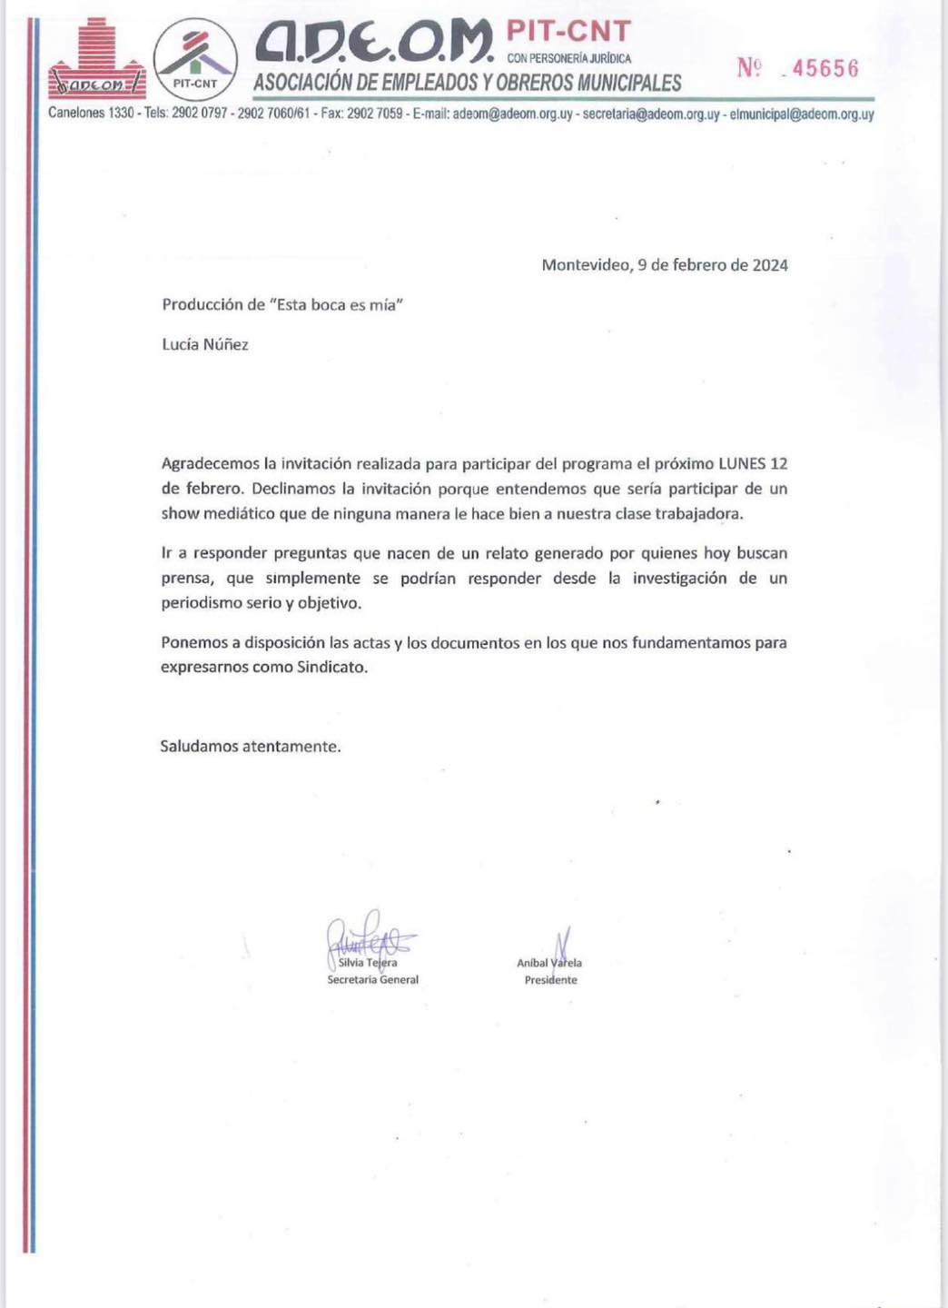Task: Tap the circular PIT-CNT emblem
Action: pyautogui.click(x=195, y=60)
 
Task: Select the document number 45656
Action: pyautogui.click(x=825, y=69)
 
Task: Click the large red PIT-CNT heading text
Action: pyautogui.click(x=568, y=32)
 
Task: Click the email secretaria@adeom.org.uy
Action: pyautogui.click(x=651, y=114)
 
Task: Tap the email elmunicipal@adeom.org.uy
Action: pyautogui.click(x=802, y=114)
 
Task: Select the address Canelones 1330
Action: pyautogui.click(x=91, y=114)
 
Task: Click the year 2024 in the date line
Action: pyautogui.click(x=770, y=265)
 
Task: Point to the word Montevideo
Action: pyautogui.click(x=585, y=265)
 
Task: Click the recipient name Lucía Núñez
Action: pyautogui.click(x=205, y=344)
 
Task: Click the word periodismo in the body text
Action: pyautogui.click(x=202, y=603)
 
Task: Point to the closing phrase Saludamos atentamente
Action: pyautogui.click(x=251, y=747)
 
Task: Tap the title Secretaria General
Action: pyautogui.click(x=373, y=979)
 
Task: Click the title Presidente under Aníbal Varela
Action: pyautogui.click(x=550, y=980)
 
